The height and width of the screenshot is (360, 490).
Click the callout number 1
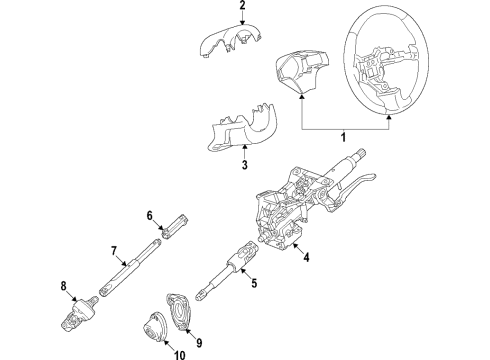click(x=343, y=137)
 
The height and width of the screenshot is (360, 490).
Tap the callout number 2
click(x=242, y=5)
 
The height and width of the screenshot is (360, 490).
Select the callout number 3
click(x=245, y=165)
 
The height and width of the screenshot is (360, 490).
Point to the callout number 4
click(x=306, y=257)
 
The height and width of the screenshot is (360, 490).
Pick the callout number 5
click(x=254, y=283)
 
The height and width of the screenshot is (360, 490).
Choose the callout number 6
click(x=150, y=216)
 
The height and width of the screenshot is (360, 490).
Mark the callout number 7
click(x=114, y=251)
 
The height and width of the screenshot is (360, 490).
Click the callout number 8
click(x=63, y=286)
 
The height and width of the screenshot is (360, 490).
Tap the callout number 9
click(x=199, y=343)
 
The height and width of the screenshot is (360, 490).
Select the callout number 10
click(x=179, y=355)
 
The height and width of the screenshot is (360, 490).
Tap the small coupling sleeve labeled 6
click(x=176, y=226)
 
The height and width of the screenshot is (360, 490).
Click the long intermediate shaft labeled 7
click(x=131, y=267)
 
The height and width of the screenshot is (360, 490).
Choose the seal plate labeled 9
click(x=180, y=311)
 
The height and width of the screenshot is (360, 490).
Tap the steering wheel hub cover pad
click(x=301, y=71)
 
